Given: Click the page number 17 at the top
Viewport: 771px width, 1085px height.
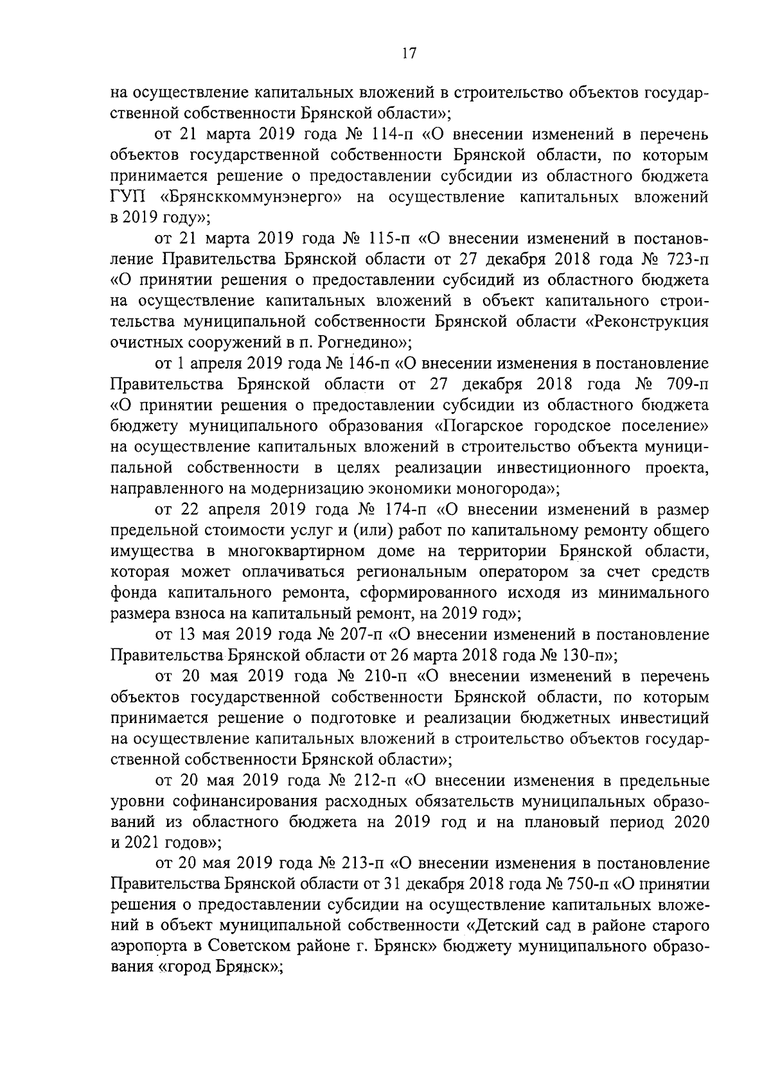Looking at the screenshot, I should pyautogui.click(x=408, y=54).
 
